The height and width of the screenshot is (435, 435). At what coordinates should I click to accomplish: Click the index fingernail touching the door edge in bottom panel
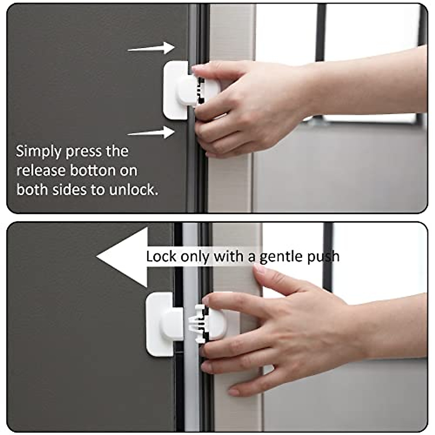point(259,269)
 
